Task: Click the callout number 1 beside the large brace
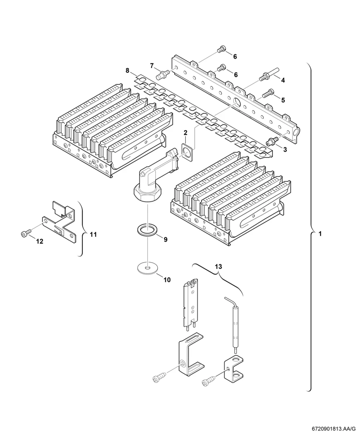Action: click(320, 234)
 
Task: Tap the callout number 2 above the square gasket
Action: click(185, 133)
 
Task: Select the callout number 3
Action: click(285, 149)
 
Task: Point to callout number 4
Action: click(283, 80)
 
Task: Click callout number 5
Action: click(283, 100)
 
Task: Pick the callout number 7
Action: click(152, 66)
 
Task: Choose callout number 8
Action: click(127, 71)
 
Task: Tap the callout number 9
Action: click(166, 240)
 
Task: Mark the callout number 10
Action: click(167, 280)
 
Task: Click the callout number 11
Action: click(93, 235)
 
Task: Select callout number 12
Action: click(40, 241)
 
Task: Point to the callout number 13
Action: click(219, 267)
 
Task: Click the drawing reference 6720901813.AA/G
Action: click(334, 429)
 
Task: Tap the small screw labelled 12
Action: click(26, 233)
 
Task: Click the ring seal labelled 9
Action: click(147, 230)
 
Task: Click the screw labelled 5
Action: click(267, 93)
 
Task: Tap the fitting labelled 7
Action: click(163, 74)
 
